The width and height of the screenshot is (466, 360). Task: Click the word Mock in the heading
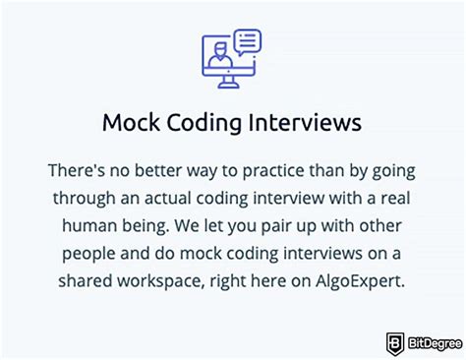[128, 124]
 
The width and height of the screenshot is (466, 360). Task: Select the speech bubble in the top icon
[248, 41]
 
